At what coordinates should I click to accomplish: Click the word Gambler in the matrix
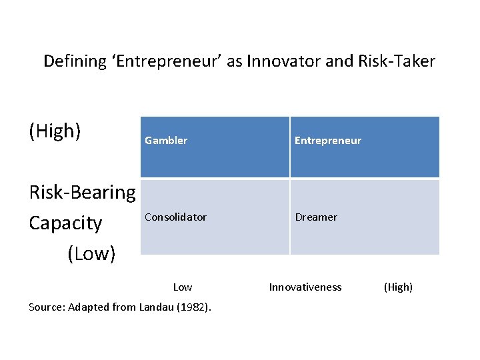[x=166, y=141]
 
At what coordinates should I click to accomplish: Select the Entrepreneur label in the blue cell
[x=328, y=141]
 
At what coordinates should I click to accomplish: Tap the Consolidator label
[x=175, y=217]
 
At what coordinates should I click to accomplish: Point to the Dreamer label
[x=317, y=217]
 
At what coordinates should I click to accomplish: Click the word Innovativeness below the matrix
[x=305, y=287]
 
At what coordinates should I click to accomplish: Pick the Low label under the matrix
[x=182, y=287]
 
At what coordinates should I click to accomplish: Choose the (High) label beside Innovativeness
[x=398, y=287]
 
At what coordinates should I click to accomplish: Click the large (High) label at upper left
[x=55, y=131]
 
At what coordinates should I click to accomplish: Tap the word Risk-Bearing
[x=82, y=193]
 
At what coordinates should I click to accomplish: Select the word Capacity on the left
[x=65, y=223]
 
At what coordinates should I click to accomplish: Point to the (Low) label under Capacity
[x=91, y=254]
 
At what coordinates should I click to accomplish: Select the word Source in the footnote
[x=45, y=307]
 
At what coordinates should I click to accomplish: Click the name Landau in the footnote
[x=160, y=307]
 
